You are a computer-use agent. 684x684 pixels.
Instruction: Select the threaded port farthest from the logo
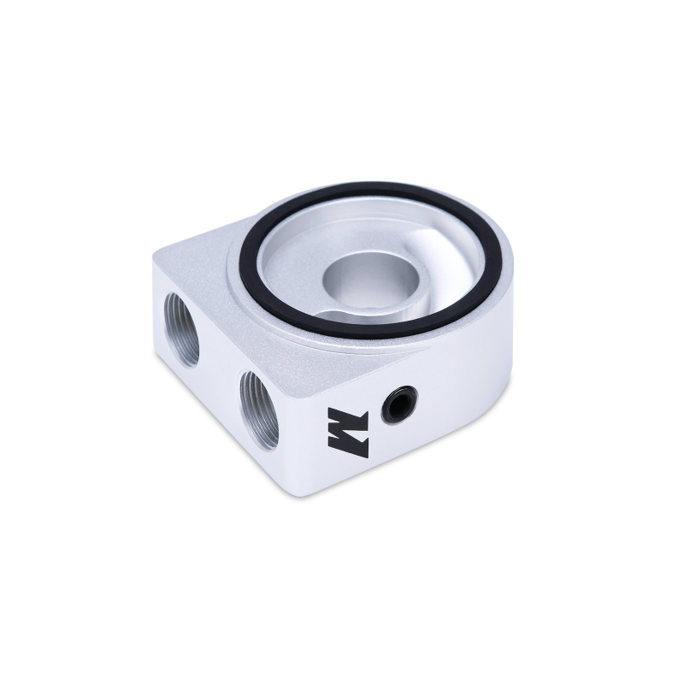180,328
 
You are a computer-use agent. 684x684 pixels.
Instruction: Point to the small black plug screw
399,404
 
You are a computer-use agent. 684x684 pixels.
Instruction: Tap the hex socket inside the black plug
399,404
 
